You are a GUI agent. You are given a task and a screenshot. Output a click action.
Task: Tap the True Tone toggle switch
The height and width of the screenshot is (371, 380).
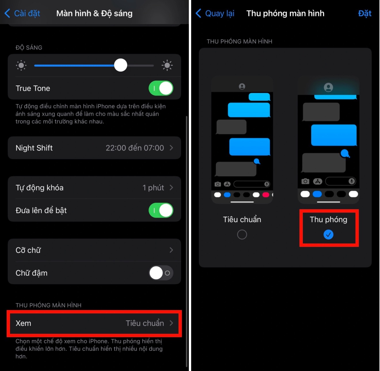161,88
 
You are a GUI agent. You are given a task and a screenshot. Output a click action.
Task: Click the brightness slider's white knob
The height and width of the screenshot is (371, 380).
121,65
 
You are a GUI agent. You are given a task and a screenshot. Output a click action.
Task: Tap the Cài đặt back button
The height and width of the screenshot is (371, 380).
22,13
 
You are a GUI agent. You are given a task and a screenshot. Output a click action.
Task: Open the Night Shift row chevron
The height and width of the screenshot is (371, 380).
171,148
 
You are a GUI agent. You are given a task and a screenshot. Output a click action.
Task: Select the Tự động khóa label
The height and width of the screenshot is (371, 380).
39,188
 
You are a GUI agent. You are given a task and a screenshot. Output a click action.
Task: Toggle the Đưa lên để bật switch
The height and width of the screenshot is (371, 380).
161,210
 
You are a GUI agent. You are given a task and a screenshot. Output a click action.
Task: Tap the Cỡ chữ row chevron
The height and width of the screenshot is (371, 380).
171,250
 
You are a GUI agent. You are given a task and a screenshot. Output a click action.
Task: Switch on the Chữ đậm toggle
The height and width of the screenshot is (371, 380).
161,273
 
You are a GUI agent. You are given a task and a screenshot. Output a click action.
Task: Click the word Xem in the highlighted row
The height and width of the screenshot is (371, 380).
23,323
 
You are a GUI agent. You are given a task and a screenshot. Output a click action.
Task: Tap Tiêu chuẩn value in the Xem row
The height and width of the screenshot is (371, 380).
145,323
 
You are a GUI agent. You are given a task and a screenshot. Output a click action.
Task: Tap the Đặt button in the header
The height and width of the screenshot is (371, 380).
364,14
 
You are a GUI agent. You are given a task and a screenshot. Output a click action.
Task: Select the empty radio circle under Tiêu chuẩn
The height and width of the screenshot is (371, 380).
242,235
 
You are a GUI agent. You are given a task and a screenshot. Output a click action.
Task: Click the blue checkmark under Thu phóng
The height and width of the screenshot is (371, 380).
328,235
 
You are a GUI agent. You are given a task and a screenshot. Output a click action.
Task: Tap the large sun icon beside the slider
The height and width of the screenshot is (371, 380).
167,65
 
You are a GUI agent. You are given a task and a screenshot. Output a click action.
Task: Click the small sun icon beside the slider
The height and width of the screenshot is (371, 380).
21,65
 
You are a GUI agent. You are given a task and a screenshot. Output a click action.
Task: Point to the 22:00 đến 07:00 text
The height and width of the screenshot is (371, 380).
134,148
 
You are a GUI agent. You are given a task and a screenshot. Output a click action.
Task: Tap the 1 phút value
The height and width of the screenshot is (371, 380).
153,188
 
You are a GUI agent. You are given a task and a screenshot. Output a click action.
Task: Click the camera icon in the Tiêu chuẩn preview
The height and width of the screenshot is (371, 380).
218,184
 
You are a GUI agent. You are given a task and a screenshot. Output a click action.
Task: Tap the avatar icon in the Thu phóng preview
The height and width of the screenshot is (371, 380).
328,87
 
